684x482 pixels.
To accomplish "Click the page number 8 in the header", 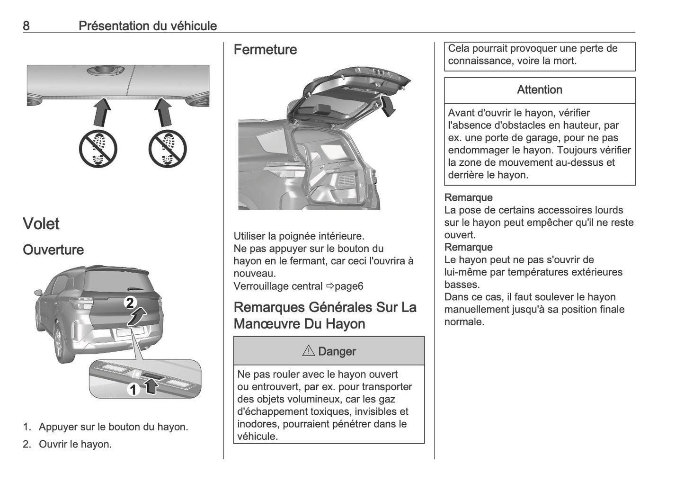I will click(x=26, y=26).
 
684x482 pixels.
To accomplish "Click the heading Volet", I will click(x=41, y=223).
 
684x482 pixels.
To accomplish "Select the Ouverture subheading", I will click(x=53, y=250).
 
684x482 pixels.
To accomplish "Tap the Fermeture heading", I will click(x=265, y=50).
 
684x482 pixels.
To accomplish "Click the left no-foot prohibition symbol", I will click(x=98, y=149).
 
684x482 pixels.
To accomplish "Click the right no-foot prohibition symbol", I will click(x=168, y=149).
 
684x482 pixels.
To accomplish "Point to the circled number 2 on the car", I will click(x=131, y=303).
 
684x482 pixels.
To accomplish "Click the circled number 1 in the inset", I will click(x=134, y=389).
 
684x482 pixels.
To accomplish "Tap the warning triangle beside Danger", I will click(x=308, y=351).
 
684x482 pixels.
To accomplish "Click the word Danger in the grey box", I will click(x=337, y=351).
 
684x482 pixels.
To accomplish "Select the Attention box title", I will click(x=539, y=90).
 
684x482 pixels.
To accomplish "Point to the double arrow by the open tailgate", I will click(x=388, y=105).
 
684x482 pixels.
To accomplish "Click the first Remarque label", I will click(x=468, y=197).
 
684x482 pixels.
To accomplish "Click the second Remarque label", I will click(x=468, y=247).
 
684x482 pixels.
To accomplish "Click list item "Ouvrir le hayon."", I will click(x=75, y=444).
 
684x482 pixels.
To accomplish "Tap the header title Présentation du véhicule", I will click(x=148, y=26).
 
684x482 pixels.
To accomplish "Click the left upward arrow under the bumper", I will click(x=101, y=112).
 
